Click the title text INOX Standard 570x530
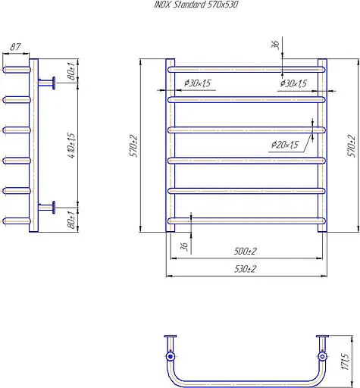coord(196,5)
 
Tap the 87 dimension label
coord(15,47)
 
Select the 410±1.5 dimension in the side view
coord(72,145)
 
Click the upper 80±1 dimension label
coord(72,71)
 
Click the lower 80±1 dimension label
coord(72,220)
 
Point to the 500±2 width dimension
coord(245,252)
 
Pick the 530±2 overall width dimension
coord(245,269)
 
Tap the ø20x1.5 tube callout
coord(285,145)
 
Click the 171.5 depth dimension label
coord(346,361)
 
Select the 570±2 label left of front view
coord(133,146)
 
